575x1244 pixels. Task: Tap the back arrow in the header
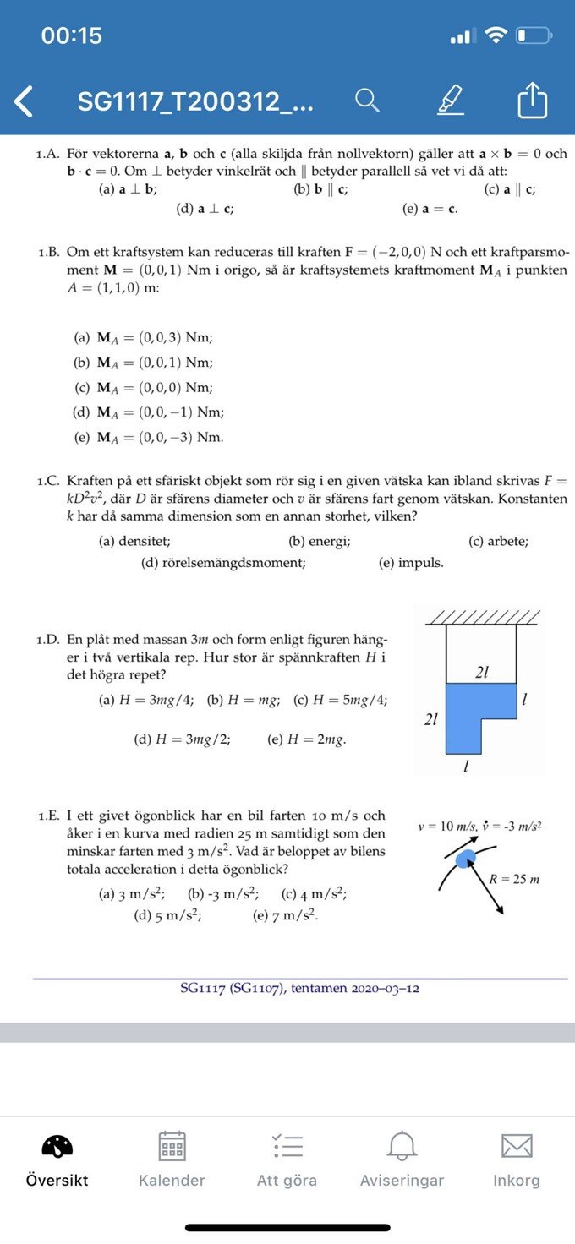[x=25, y=101]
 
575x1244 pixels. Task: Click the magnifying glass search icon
[x=366, y=101]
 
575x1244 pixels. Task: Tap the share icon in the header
[x=532, y=101]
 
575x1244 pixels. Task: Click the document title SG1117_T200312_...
[x=195, y=101]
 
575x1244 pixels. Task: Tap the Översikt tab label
[x=57, y=1181]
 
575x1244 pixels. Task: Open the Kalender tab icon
[x=172, y=1146]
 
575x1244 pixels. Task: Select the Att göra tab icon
[x=287, y=1146]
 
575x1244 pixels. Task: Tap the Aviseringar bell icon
[x=402, y=1146]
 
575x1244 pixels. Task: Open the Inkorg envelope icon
[x=516, y=1146]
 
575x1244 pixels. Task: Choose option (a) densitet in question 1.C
[x=134, y=542]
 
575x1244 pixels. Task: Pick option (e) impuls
[x=410, y=563]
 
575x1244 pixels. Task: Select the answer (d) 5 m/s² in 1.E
[x=167, y=915]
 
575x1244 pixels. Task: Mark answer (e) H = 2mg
[x=306, y=739]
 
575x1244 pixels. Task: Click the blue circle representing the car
[x=465, y=859]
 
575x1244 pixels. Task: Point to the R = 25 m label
[x=514, y=879]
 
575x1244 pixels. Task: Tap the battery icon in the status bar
[x=534, y=36]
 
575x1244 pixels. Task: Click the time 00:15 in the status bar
[x=71, y=35]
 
